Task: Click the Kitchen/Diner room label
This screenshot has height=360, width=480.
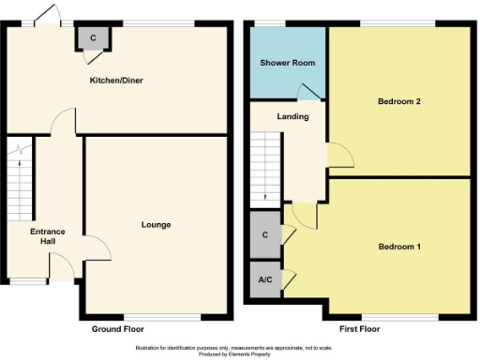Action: pyautogui.click(x=115, y=81)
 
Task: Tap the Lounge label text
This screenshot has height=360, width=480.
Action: pyautogui.click(x=156, y=225)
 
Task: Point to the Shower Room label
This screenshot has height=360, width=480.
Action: pyautogui.click(x=287, y=63)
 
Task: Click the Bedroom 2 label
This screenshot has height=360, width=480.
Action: pyautogui.click(x=398, y=101)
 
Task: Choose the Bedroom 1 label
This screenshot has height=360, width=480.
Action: pyautogui.click(x=398, y=247)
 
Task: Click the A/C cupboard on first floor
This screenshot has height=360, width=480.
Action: pyautogui.click(x=264, y=280)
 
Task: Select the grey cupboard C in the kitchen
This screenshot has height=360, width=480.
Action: pyautogui.click(x=94, y=38)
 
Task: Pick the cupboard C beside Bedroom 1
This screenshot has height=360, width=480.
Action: pyautogui.click(x=265, y=234)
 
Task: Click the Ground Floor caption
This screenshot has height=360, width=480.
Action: pyautogui.click(x=117, y=330)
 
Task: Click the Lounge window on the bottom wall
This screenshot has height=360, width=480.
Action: pyautogui.click(x=155, y=316)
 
